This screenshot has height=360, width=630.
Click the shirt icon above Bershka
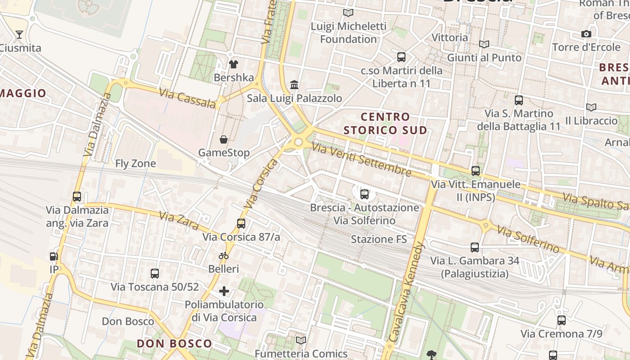(233, 64)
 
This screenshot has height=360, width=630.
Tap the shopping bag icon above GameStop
(223, 139)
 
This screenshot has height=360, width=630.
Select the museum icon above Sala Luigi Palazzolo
(294, 85)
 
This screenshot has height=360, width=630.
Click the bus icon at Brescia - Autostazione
(364, 194)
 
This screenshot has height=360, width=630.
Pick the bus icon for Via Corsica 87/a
(241, 223)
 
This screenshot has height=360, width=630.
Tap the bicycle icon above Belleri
(224, 256)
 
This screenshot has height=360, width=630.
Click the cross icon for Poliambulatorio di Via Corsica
(224, 291)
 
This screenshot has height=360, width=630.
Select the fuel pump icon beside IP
(54, 256)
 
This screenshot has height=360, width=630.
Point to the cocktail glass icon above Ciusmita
(19, 35)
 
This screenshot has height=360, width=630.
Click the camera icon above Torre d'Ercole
(586, 34)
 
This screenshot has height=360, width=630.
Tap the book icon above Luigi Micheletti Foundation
(348, 13)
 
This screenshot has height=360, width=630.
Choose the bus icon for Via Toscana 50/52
(155, 273)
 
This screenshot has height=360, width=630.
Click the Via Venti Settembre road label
(361, 160)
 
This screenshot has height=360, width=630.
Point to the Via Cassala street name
(187, 98)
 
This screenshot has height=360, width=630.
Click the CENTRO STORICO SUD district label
(385, 124)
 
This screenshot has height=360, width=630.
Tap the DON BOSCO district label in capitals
(174, 344)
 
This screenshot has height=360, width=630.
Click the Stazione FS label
(378, 239)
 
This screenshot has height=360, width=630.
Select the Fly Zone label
(135, 163)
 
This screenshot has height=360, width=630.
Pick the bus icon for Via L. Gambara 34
(475, 247)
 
